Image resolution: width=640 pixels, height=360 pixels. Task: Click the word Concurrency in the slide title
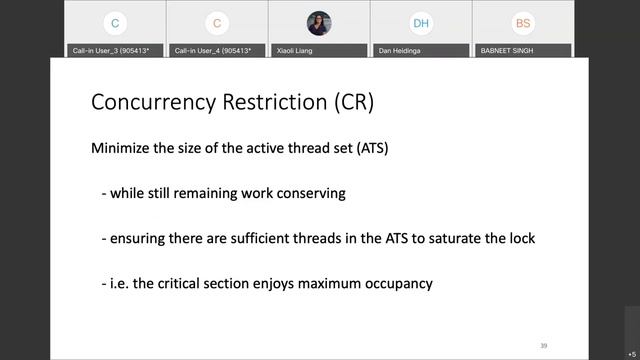click(149, 102)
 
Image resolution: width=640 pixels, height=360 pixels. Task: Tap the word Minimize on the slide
click(123, 148)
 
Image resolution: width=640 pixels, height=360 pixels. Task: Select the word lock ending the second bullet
click(520, 238)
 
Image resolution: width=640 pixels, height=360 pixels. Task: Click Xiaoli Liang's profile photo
click(319, 23)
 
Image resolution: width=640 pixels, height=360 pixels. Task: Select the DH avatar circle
click(421, 23)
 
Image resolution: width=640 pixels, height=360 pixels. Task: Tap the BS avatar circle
click(523, 23)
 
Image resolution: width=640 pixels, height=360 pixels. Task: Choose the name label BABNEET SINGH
click(510, 49)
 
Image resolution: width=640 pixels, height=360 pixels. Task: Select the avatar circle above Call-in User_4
click(217, 23)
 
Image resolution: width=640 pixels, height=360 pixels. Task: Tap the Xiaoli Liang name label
click(299, 49)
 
